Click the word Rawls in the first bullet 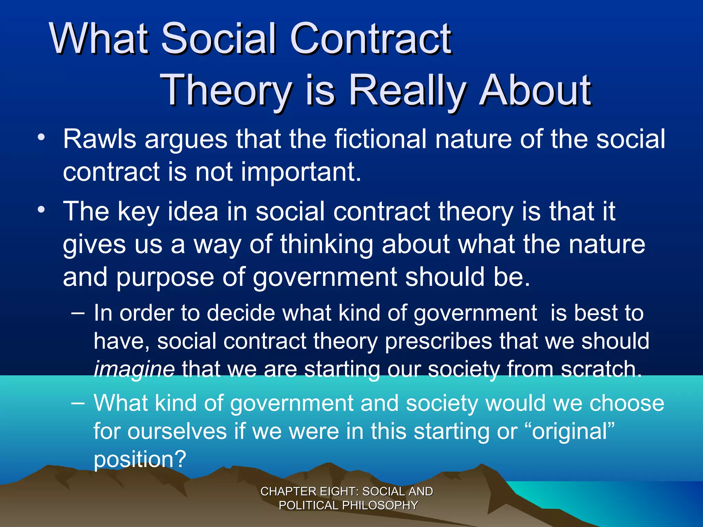coord(100,139)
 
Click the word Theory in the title coord(227,91)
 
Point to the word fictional coord(380,139)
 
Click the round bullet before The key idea coord(41,210)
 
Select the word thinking coord(326,245)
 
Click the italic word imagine coord(134,370)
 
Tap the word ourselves coord(177,431)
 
